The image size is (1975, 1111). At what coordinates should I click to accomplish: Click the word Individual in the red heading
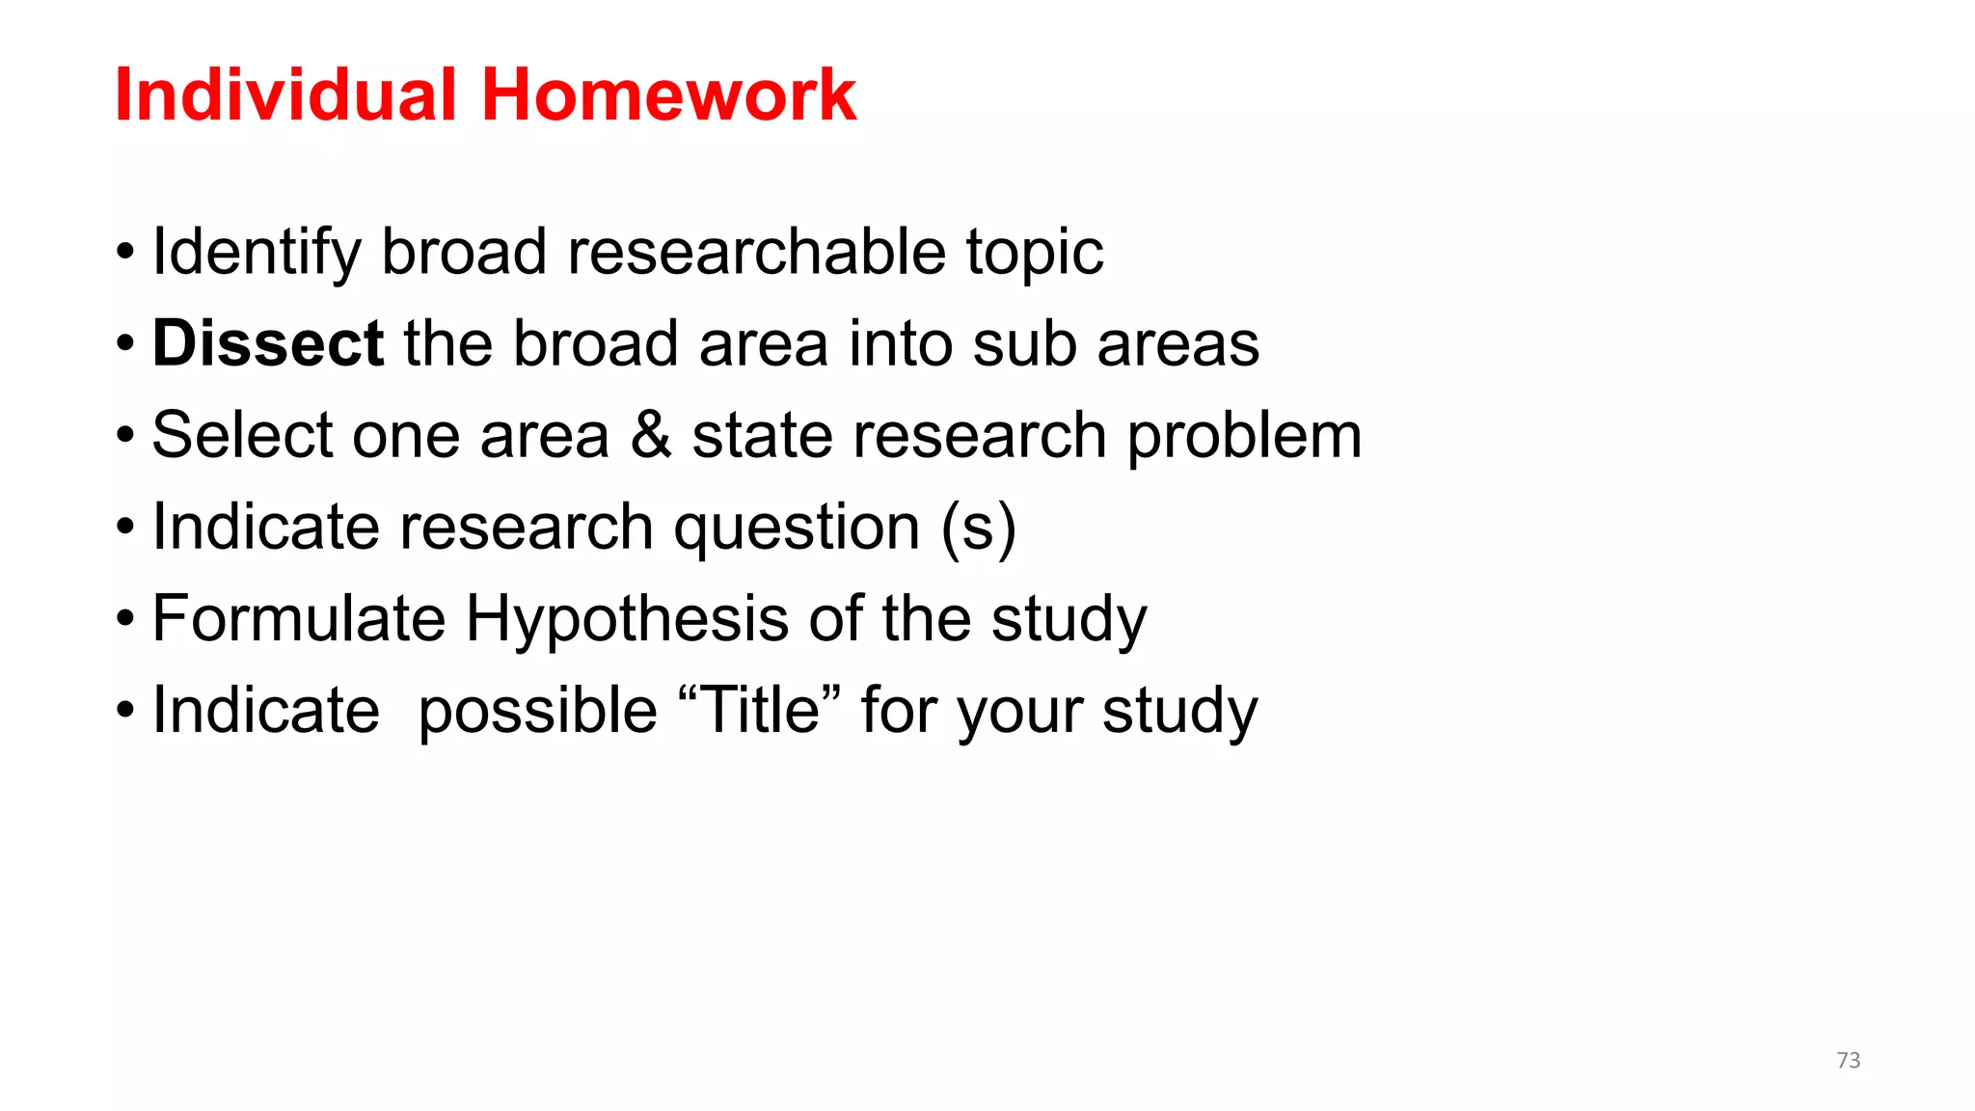coord(285,95)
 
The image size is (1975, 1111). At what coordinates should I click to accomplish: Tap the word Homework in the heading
coord(668,95)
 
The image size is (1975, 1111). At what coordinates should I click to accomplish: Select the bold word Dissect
coord(268,343)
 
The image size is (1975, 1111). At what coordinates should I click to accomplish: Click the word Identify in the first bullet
coord(257,253)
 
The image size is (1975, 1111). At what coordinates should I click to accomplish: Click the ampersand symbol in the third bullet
coord(651,435)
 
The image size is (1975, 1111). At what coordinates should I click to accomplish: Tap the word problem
coord(1244,438)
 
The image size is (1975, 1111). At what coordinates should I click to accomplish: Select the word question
coord(797,528)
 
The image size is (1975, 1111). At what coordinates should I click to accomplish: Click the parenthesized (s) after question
coord(978,528)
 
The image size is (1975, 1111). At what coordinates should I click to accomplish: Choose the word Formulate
coord(299,618)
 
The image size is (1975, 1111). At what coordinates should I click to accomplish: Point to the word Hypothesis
coord(627,620)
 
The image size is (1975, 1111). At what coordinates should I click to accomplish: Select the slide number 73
coord(1848,1060)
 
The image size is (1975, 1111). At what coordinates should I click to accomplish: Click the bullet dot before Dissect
coord(125,344)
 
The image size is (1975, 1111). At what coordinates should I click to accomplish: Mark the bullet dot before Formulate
coord(125,619)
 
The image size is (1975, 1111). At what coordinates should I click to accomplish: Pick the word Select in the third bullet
coord(242,435)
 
